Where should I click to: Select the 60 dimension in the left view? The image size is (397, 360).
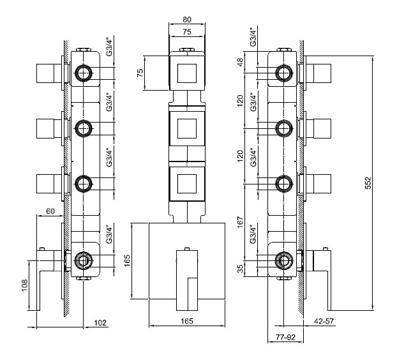coord(50,211)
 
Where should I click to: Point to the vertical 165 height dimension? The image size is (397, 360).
coord(126,260)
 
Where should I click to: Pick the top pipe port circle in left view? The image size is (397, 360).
coord(83,74)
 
